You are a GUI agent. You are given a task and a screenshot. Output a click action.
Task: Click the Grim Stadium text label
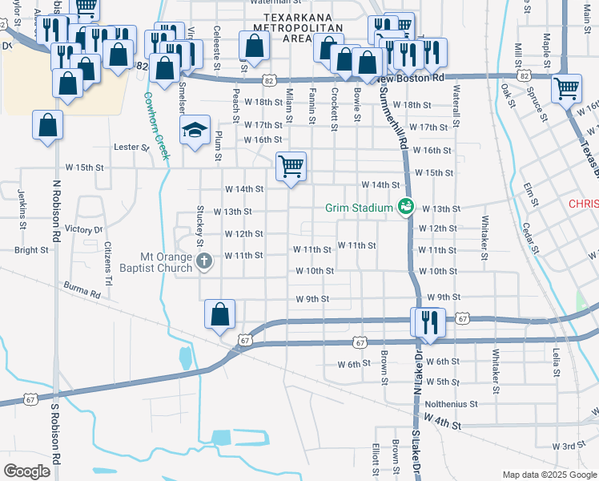[x=359, y=208]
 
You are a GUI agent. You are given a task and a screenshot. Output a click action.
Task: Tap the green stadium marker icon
[x=406, y=208]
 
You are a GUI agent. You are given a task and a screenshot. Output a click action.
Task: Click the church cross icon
[x=204, y=261]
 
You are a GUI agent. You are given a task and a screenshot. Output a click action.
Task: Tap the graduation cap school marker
[x=194, y=131]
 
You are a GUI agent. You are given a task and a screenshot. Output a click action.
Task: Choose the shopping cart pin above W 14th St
[x=291, y=167]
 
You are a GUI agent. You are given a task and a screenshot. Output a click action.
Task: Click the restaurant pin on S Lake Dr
[x=428, y=322]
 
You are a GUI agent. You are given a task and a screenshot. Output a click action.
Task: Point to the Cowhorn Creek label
[x=157, y=125]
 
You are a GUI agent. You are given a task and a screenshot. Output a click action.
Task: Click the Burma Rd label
[x=84, y=289]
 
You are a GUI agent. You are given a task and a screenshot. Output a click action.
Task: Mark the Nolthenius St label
[x=452, y=405]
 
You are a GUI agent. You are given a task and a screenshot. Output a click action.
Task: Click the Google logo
[x=28, y=471]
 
